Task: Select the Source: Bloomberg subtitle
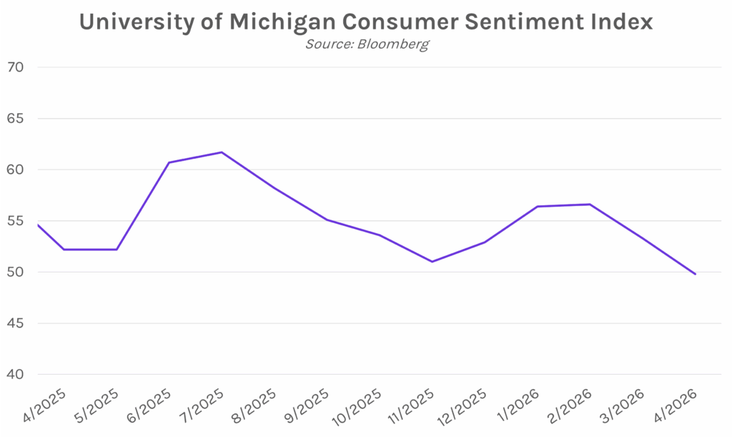tap(367, 44)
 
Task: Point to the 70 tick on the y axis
tap(16, 68)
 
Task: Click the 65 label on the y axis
tap(16, 119)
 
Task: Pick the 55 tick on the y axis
tap(16, 221)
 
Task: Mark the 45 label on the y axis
tap(16, 323)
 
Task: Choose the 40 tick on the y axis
tap(16, 375)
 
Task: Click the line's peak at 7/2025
tap(222, 152)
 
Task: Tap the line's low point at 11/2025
tap(432, 262)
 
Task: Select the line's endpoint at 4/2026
tap(695, 274)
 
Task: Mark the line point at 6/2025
tap(169, 162)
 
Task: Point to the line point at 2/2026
tap(590, 205)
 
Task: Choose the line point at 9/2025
tap(327, 220)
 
